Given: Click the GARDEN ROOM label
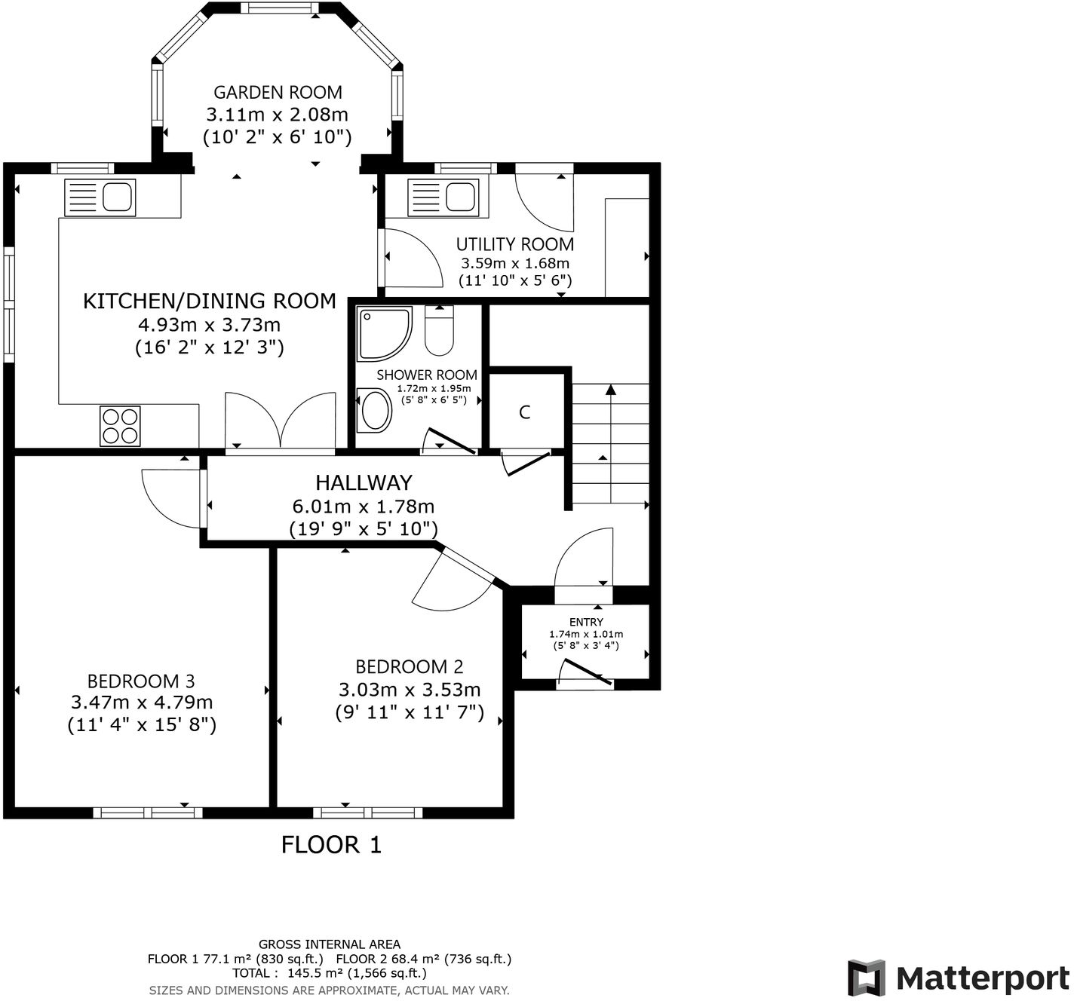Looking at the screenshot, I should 278,93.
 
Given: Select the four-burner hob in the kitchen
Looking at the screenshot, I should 120,426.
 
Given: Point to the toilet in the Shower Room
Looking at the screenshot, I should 439,331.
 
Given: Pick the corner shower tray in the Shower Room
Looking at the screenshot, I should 384,334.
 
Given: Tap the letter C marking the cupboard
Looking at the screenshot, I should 525,412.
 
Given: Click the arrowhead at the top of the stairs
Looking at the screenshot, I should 610,390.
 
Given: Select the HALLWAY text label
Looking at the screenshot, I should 364,482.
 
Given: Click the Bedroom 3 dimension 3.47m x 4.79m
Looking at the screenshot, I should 142,703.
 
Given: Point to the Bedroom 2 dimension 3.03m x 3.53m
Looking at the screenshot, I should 410,690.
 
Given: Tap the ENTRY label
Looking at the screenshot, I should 586,622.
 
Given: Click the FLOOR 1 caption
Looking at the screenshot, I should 331,845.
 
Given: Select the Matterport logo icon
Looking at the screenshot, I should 866,978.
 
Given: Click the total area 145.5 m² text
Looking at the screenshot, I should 330,973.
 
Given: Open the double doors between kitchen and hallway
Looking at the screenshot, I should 281,422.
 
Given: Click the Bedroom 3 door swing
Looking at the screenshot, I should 172,499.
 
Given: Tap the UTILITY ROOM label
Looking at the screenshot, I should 515,244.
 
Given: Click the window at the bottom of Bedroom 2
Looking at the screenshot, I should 367,813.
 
